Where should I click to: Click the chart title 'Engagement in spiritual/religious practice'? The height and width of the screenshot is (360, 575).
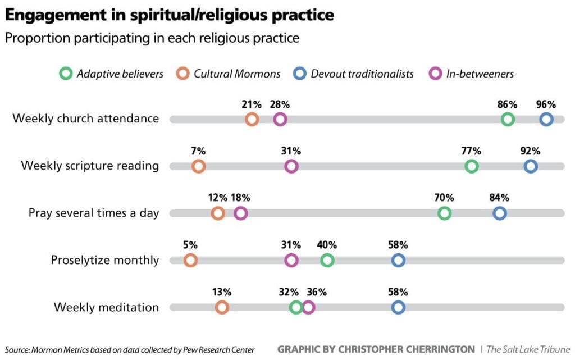pos(169,15)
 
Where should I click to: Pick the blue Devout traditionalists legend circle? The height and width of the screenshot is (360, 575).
pos(300,74)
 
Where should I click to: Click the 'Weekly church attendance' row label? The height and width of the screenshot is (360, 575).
pos(85,119)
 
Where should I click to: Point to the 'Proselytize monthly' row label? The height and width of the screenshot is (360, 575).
pos(104,261)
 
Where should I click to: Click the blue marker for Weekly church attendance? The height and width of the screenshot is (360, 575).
pos(546,119)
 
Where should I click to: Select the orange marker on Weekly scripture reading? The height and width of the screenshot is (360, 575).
pos(198,166)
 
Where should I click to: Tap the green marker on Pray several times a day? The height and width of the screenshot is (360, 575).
pos(444,213)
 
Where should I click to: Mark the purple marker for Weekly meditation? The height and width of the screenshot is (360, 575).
pos(308,307)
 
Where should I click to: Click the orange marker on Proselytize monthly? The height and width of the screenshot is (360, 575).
pos(190,261)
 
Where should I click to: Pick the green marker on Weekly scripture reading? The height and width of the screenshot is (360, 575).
pos(472,166)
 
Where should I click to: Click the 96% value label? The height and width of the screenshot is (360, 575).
pos(546,104)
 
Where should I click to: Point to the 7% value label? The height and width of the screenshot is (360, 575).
pos(198,151)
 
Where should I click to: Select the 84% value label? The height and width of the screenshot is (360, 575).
pos(499,198)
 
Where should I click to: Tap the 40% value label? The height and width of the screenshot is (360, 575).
pos(327,245)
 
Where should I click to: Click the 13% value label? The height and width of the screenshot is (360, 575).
pos(222,292)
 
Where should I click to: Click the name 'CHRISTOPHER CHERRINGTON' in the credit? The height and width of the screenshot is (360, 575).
pos(407,349)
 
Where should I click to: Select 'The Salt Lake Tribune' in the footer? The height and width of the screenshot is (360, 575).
pos(528,349)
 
